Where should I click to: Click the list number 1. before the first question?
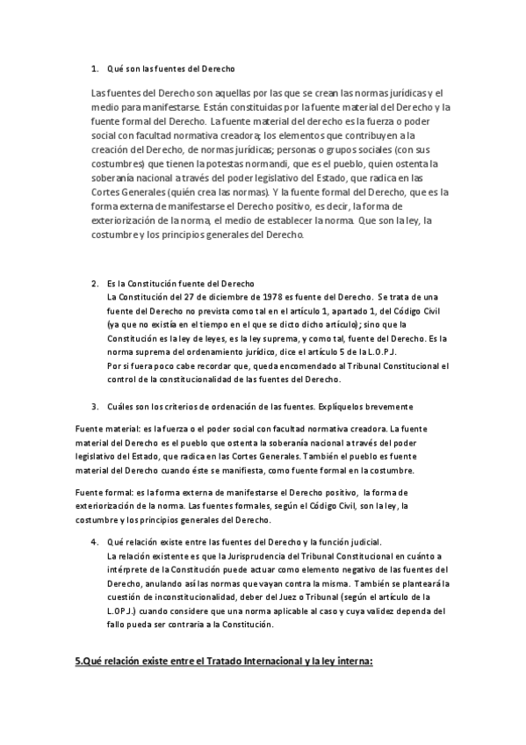point(94,68)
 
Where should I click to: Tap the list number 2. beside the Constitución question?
point(94,283)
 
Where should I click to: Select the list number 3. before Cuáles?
point(94,407)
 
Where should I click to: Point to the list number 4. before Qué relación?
point(94,542)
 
